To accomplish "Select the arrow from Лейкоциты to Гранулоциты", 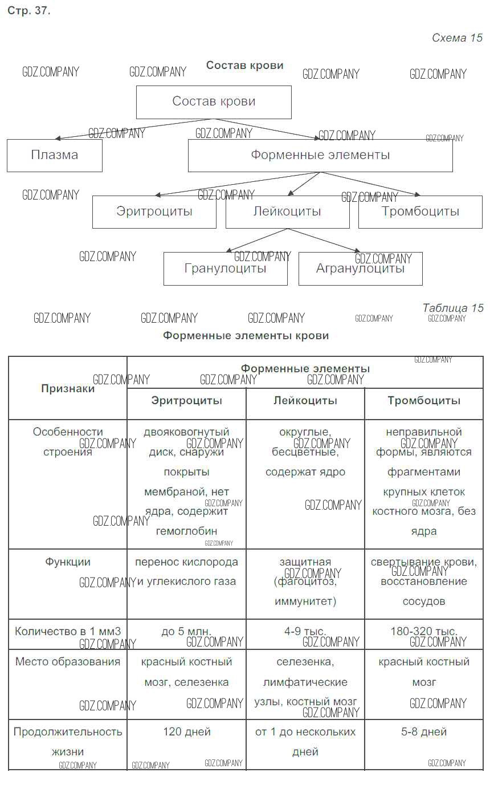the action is pos(256,240).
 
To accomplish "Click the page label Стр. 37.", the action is pos(28,11).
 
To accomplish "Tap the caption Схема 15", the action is pos(457,38).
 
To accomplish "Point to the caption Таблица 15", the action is pos(453,308).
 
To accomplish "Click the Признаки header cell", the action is pos(68,388).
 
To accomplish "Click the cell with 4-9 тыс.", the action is pos(305,635).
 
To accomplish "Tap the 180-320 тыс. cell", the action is pos(424,635).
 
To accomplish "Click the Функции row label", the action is pos(68,562).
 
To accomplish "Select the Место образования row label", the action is pos(68,662).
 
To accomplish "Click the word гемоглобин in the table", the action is pos(186,531).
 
